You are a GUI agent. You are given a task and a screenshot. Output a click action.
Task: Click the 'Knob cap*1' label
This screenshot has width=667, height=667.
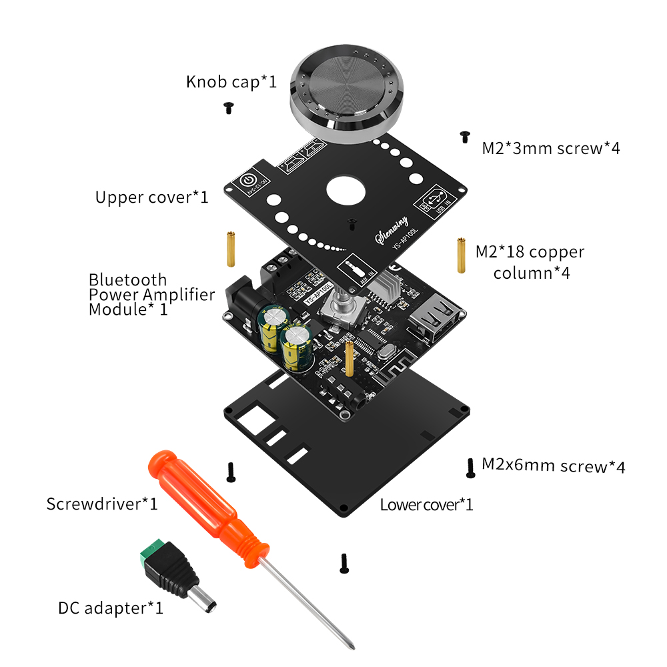click(x=231, y=82)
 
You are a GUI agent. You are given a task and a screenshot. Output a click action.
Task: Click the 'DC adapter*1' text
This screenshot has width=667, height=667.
click(x=110, y=608)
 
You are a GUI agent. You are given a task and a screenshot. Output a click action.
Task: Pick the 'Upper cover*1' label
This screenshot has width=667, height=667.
click(x=151, y=197)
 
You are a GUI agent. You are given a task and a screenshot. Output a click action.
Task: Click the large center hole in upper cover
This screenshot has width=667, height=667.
click(x=346, y=191)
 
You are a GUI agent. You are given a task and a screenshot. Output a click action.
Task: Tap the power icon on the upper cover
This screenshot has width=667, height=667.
click(x=247, y=181)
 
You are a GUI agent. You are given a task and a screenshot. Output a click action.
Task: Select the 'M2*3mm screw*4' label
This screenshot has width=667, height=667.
click(x=551, y=148)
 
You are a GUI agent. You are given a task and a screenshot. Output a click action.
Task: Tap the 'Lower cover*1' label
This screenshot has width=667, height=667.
click(x=426, y=504)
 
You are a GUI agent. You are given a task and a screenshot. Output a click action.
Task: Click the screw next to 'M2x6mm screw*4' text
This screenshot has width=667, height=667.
click(x=470, y=467)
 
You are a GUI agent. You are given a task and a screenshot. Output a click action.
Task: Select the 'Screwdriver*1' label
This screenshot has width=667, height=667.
click(x=102, y=504)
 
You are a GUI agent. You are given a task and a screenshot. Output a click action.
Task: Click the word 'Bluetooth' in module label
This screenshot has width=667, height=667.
click(x=127, y=279)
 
